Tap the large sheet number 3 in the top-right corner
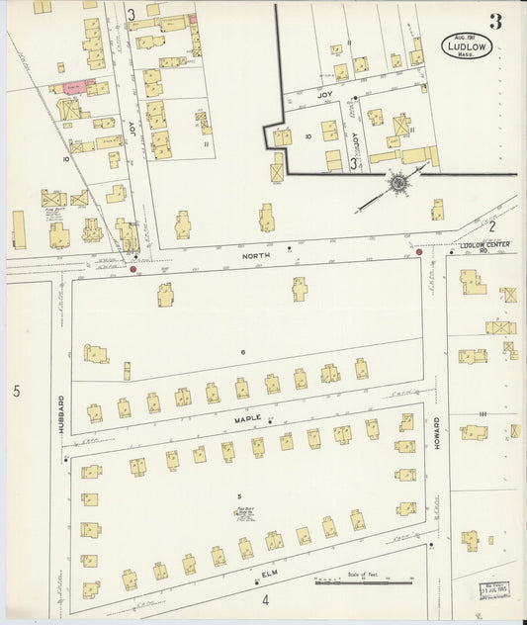tap(494, 23)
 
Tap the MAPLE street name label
tap(246, 419)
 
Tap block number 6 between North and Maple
tap(241, 351)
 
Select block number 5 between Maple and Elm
tap(238, 494)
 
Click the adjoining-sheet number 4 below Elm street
tap(265, 599)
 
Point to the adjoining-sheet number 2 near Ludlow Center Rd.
tap(490, 225)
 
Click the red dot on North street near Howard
tap(419, 252)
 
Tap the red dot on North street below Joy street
tap(133, 268)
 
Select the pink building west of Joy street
tap(72, 87)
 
